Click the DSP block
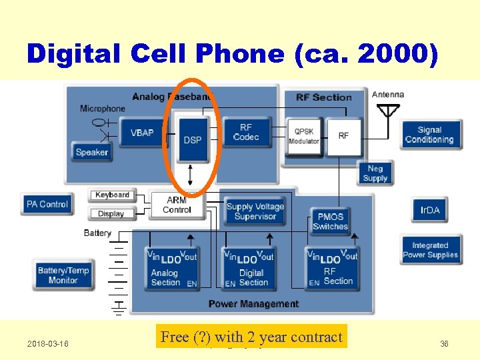192,139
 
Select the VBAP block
141,133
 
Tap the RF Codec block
246,133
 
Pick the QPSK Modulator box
303,136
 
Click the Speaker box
91,152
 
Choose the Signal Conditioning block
429,135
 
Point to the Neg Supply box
375,173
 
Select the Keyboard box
112,195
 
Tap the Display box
111,213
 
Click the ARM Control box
177,205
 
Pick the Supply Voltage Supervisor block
255,211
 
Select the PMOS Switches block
330,221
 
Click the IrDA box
429,211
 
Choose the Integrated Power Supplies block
430,250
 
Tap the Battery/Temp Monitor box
63,275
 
